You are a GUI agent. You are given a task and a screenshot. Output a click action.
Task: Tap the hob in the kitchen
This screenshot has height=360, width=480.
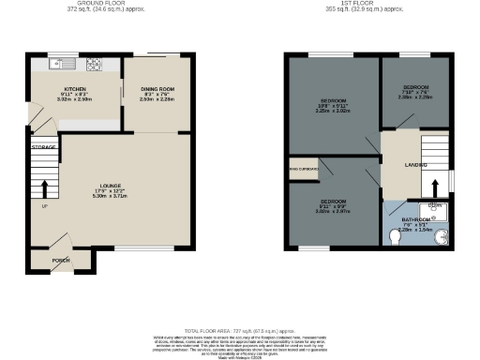(94, 65)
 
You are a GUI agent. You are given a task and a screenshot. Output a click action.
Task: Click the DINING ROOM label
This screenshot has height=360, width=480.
(158, 89)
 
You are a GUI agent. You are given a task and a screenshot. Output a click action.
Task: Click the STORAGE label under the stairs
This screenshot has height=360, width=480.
(43, 148)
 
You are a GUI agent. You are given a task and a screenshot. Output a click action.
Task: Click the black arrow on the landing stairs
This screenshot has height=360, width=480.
(434, 184)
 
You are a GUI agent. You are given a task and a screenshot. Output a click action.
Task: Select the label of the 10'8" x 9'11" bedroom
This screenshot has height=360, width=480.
(335, 100)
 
